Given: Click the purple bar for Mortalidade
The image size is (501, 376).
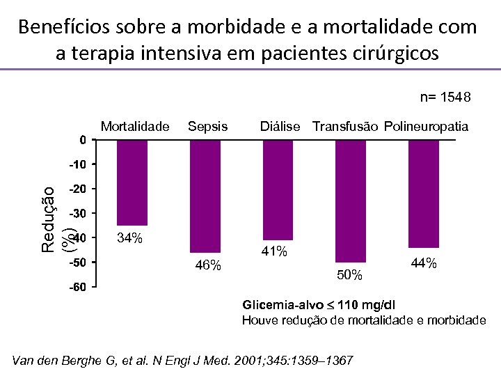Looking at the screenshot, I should click(132, 182).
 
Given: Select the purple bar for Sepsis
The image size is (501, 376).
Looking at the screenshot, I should click(205, 196).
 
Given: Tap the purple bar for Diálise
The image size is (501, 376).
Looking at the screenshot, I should click(278, 190).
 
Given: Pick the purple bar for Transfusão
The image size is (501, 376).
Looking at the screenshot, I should click(350, 201).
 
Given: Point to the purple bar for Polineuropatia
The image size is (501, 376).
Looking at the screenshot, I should click(423, 194).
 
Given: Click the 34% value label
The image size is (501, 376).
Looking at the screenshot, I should click(130, 239).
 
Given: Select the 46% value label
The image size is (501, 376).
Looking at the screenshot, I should click(208, 265).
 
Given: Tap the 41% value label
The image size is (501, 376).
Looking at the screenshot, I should click(274, 251).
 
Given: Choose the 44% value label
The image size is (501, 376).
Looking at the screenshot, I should click(424, 263).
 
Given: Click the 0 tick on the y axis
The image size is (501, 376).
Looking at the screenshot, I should click(83, 140).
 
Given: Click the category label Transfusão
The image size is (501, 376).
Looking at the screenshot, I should click(345, 126).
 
